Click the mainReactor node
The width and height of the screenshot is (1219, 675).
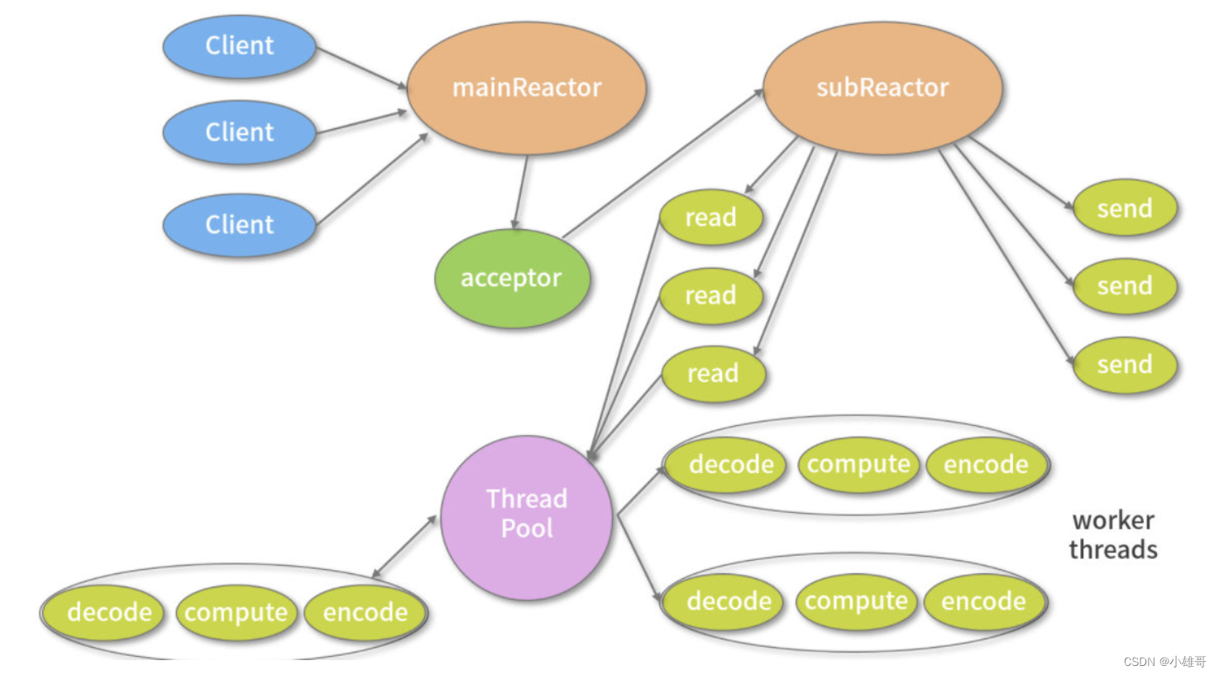point(526,88)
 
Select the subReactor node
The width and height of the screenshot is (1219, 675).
point(882,88)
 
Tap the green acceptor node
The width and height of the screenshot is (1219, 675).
point(512,278)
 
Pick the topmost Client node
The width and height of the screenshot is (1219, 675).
point(239,46)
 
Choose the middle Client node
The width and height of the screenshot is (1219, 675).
point(239,132)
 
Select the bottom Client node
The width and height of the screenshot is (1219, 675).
point(239,225)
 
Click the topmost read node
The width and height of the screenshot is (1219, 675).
point(710,218)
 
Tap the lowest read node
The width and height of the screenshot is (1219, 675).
point(713,374)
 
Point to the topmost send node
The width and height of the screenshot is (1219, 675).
point(1125,208)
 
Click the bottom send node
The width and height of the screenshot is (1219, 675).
point(1125,365)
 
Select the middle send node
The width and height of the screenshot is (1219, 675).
point(1125,286)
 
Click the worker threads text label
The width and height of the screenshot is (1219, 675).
point(1113,534)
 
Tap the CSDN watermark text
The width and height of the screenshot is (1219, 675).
point(1164,662)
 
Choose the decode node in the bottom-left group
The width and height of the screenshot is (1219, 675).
point(109,613)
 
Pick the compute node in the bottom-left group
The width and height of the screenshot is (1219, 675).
point(237,613)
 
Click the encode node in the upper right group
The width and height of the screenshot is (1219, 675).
point(986,465)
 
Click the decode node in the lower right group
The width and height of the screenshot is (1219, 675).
point(729,601)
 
